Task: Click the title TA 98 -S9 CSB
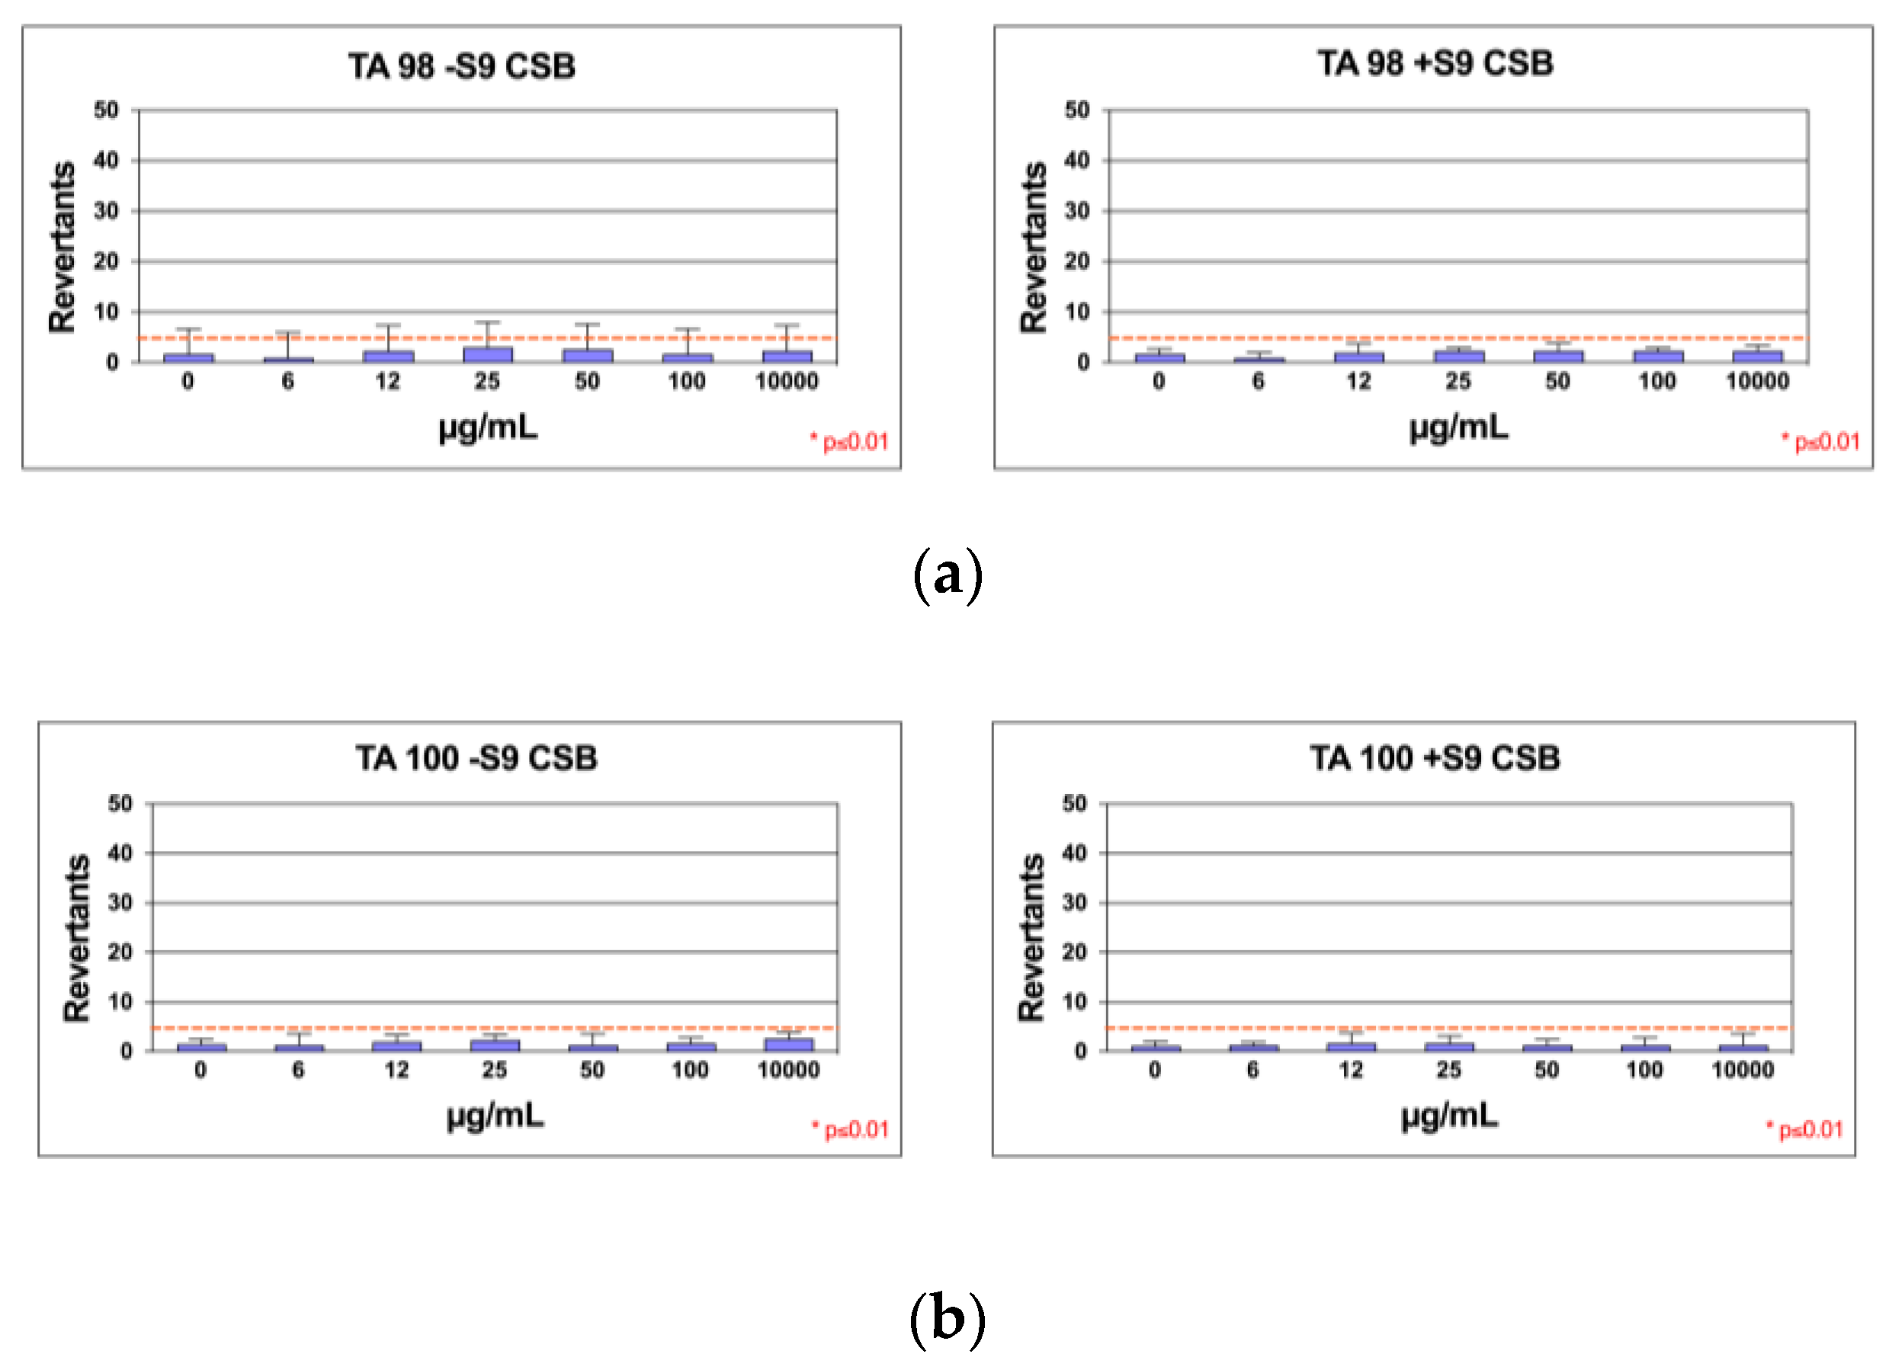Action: point(461,66)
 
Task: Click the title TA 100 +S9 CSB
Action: point(1434,758)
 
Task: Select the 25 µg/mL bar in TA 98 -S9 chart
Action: point(487,354)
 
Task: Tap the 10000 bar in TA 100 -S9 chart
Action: point(788,1044)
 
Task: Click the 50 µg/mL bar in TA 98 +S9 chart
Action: point(1557,356)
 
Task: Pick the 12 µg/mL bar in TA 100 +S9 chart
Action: point(1351,1046)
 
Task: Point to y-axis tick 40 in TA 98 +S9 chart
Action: point(1077,160)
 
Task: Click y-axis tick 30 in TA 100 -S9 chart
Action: point(120,902)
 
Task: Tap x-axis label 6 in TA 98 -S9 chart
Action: point(288,382)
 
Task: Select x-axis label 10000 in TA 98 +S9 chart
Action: point(1757,382)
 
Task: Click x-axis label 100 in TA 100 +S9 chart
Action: point(1644,1070)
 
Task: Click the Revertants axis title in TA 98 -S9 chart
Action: point(63,248)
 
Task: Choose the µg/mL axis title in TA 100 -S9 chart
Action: point(495,1114)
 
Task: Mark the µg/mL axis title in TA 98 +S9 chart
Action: point(1458,427)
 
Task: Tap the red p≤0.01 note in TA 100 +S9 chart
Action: point(1804,1130)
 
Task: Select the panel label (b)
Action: point(947,1318)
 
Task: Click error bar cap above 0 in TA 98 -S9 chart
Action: point(188,328)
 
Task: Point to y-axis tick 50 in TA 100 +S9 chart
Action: point(1075,804)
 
